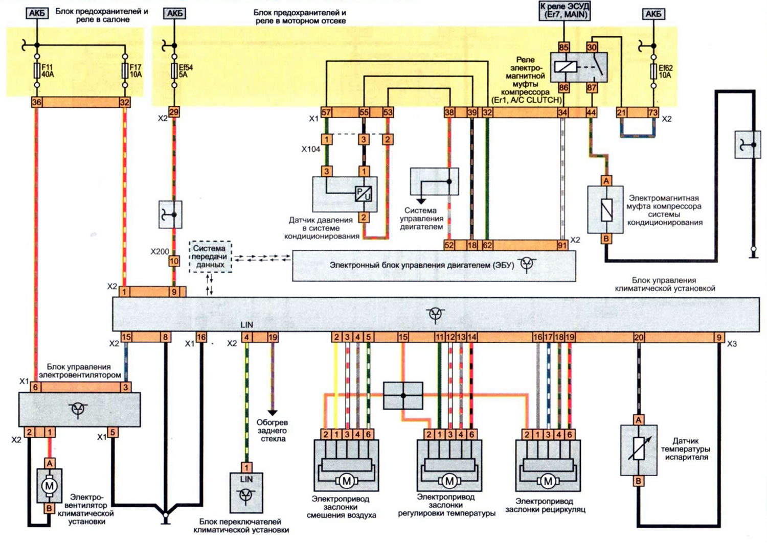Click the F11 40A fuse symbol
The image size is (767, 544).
[37, 70]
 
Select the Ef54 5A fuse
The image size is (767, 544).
[174, 71]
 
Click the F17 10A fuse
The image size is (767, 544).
[125, 70]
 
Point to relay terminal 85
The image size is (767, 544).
[563, 47]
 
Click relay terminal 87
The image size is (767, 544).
[592, 87]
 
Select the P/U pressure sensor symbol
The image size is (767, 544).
[363, 194]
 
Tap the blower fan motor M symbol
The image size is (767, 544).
[49, 485]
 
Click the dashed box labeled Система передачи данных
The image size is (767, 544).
[210, 256]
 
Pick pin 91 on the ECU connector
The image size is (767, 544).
[562, 245]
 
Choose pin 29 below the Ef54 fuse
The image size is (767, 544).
[174, 112]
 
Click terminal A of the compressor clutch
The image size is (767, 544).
[606, 181]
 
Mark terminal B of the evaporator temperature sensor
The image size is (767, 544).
[638, 481]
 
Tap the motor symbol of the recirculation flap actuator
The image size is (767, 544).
[548, 481]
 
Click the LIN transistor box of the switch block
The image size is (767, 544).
[246, 493]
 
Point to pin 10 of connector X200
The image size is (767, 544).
[174, 262]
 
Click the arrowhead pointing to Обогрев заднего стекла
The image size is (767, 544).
[273, 413]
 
